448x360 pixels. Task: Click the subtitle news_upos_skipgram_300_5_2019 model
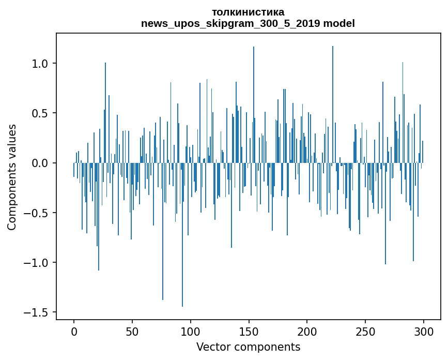pos(248,23)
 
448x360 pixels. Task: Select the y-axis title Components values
pos(12,177)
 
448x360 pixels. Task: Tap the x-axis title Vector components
pos(248,347)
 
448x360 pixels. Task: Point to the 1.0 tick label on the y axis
pos(40,64)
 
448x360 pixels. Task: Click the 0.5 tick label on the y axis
pos(40,113)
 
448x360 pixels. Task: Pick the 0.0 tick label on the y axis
pos(40,163)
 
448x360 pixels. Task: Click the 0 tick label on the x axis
pos(74,331)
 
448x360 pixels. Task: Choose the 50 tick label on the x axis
pos(132,331)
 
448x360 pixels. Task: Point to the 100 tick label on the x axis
pos(191,331)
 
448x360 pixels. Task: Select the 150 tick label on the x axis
pos(249,331)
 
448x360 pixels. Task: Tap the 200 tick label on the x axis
pos(307,331)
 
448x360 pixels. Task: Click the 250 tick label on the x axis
pos(366,331)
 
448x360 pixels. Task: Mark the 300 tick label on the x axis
pos(424,331)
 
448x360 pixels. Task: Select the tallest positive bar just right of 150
pos(254,103)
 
